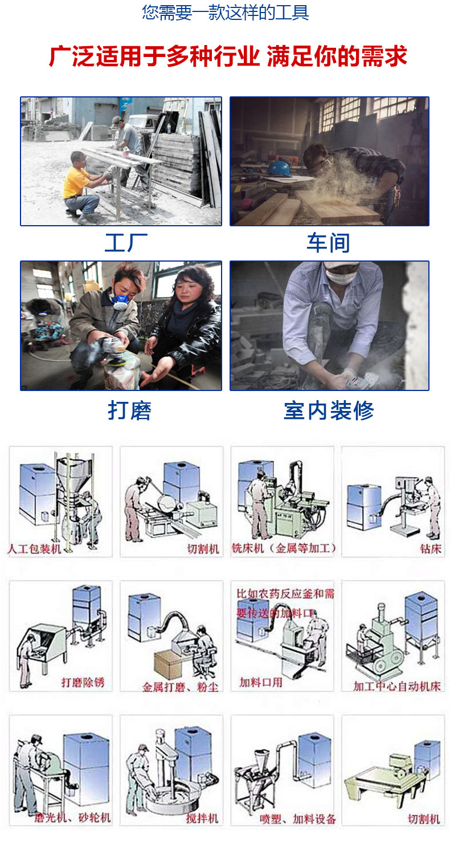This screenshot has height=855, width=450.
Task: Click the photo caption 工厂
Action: [126, 243]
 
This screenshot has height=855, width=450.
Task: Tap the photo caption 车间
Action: [328, 243]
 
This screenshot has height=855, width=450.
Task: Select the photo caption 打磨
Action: [130, 410]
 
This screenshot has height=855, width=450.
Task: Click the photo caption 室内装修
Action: [329, 410]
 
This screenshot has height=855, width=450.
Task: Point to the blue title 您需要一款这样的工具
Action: [226, 13]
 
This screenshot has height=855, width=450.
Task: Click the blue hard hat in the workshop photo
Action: [279, 168]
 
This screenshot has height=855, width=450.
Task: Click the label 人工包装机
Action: [34, 549]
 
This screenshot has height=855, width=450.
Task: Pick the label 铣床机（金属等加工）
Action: [284, 549]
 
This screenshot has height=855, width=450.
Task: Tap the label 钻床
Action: [429, 549]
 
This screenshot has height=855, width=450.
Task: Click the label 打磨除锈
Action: [83, 682]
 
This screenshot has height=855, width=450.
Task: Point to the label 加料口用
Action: [260, 682]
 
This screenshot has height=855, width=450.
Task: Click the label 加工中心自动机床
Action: [396, 686]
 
